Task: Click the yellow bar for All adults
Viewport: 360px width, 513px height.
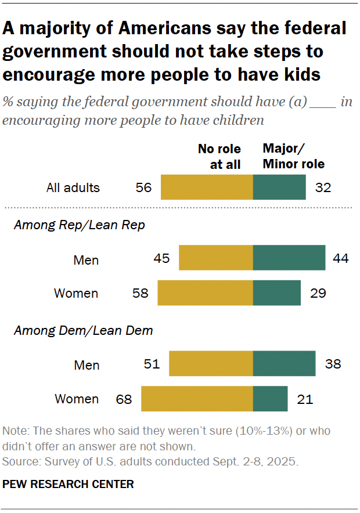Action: click(207, 187)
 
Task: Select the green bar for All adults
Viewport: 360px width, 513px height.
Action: click(279, 187)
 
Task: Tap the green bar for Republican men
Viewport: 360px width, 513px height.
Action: click(289, 258)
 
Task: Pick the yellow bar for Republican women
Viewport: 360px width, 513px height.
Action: click(205, 292)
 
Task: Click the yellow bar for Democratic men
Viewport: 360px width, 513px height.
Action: click(211, 364)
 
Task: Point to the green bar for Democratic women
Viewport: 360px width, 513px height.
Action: click(271, 399)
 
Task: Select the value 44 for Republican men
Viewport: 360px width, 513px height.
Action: click(340, 258)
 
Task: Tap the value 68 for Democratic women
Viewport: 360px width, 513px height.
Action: click(123, 399)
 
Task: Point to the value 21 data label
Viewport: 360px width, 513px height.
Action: click(305, 399)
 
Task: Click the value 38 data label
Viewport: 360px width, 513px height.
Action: click(333, 364)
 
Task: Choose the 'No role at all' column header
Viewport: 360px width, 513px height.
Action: click(219, 157)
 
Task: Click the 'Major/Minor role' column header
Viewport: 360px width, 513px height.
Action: click(293, 157)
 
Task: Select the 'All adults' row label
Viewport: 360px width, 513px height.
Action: click(73, 187)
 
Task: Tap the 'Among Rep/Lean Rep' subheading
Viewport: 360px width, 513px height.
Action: click(79, 225)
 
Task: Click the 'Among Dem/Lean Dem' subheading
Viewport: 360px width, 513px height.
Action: click(83, 331)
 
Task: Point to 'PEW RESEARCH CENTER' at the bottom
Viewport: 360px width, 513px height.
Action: click(68, 484)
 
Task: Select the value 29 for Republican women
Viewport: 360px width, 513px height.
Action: click(318, 293)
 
